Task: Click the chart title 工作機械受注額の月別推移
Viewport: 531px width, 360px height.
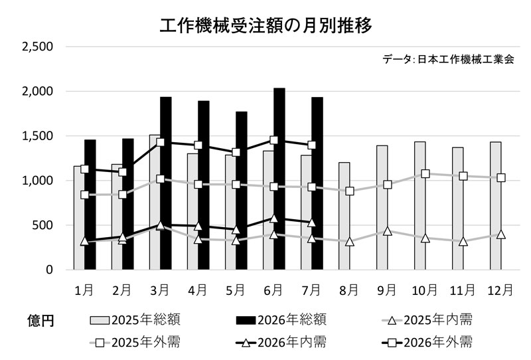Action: [266, 25]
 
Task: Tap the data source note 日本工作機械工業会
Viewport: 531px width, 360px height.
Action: [466, 59]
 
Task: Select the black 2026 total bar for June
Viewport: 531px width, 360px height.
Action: [279, 179]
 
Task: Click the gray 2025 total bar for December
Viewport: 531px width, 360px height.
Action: [496, 206]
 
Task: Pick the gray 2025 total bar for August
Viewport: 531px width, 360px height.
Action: [344, 217]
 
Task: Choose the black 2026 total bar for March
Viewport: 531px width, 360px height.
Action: [166, 183]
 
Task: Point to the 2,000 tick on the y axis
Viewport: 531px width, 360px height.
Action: [38, 91]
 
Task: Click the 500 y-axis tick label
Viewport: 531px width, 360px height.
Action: [42, 225]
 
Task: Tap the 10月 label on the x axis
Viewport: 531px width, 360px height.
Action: [424, 290]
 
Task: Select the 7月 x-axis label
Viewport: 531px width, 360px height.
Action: [311, 290]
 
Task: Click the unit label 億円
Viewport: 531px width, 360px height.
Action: [40, 320]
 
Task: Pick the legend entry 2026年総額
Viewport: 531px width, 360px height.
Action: [281, 320]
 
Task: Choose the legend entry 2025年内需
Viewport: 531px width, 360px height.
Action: [427, 320]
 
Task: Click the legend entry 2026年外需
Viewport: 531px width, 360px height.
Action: [427, 343]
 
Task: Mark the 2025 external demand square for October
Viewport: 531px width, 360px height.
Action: [425, 174]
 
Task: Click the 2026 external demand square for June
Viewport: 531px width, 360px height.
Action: [274, 140]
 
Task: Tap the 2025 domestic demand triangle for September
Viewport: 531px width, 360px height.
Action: [388, 232]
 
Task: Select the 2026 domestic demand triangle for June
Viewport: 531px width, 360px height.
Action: [274, 219]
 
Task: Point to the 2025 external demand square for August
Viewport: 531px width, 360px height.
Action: [350, 191]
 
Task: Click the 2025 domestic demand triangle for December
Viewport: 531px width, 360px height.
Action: [501, 234]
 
